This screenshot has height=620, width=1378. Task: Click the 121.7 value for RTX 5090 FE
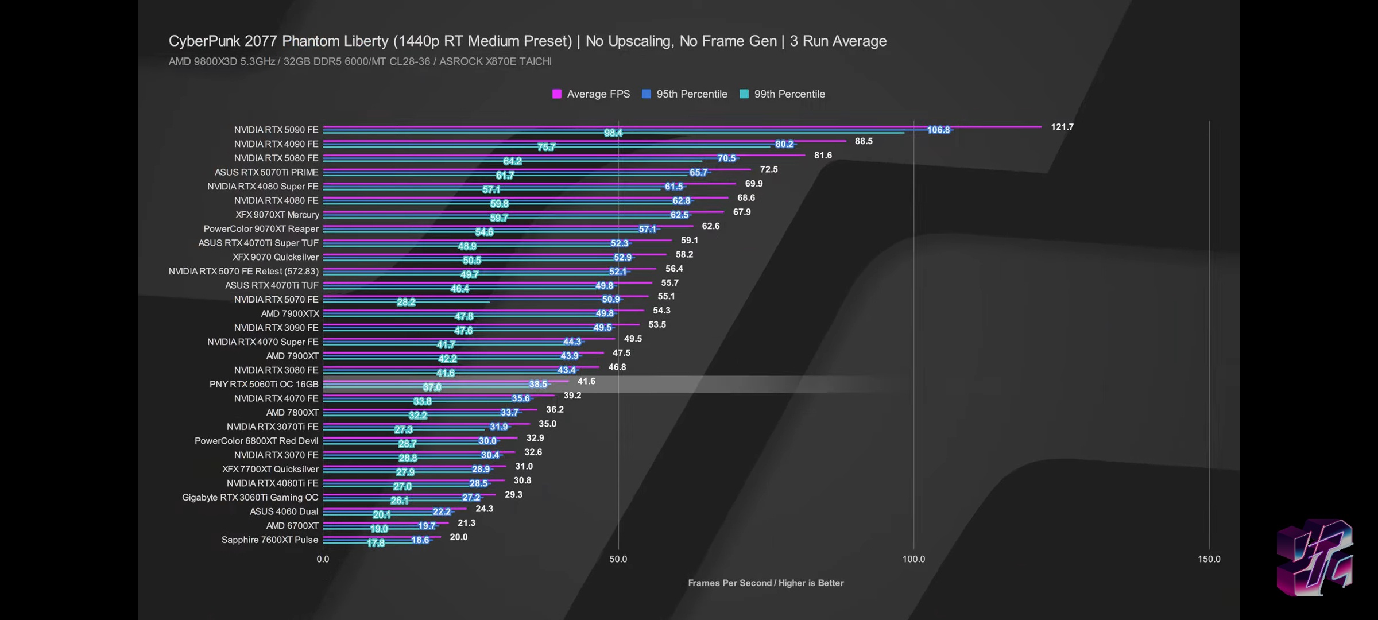coord(1062,127)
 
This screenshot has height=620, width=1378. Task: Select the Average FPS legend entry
coord(591,94)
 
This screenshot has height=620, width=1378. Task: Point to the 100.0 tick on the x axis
coord(913,559)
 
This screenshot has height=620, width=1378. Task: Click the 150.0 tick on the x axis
coord(1209,559)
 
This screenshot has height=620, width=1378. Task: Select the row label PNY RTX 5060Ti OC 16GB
coord(264,384)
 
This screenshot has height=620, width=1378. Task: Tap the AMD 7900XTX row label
coord(290,313)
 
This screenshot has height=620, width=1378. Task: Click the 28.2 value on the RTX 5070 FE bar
coord(406,302)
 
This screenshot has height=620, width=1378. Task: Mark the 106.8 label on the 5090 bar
coord(938,130)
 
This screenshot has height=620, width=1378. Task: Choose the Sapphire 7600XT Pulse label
coord(270,540)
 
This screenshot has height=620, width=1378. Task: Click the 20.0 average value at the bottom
coord(458,537)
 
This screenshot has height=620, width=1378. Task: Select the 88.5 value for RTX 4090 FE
coord(863,141)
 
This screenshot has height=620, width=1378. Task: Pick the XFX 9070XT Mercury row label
coord(277,215)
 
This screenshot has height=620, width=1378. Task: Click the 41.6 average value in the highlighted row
coord(586,381)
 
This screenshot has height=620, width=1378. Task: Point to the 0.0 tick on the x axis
coord(323,559)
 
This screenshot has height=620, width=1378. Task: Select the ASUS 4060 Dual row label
coord(284,511)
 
